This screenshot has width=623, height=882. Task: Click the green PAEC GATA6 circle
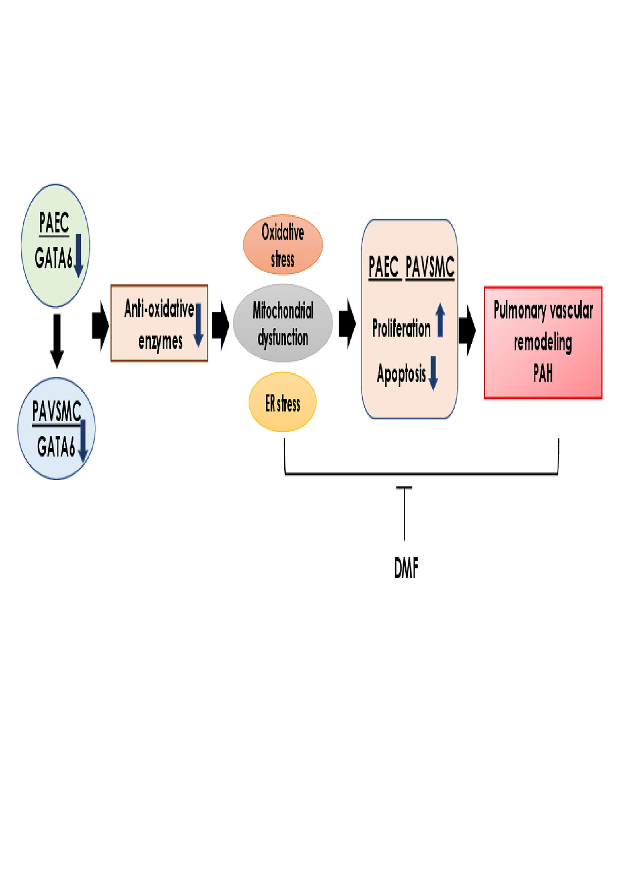pyautogui.click(x=55, y=246)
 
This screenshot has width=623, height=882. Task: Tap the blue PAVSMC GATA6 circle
pyautogui.click(x=56, y=429)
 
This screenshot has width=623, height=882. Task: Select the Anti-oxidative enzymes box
pyautogui.click(x=159, y=324)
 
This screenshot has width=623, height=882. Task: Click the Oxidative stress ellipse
pyautogui.click(x=283, y=245)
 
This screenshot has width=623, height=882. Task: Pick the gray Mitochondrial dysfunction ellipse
pyautogui.click(x=283, y=324)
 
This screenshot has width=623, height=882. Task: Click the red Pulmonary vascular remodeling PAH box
pyautogui.click(x=543, y=342)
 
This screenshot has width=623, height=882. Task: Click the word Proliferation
pyautogui.click(x=401, y=328)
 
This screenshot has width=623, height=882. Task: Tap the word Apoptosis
pyautogui.click(x=401, y=374)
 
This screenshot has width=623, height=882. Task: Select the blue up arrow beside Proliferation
pyautogui.click(x=440, y=320)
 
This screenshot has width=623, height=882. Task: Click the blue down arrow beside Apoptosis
pyautogui.click(x=433, y=373)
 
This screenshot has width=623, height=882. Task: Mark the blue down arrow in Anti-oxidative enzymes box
pyautogui.click(x=199, y=325)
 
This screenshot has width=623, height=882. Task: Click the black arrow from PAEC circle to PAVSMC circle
pyautogui.click(x=57, y=341)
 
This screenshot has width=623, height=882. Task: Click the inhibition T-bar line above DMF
pyautogui.click(x=404, y=513)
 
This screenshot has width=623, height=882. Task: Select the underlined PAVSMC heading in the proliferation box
pyautogui.click(x=430, y=267)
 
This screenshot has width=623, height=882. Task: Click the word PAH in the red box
pyautogui.click(x=543, y=374)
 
